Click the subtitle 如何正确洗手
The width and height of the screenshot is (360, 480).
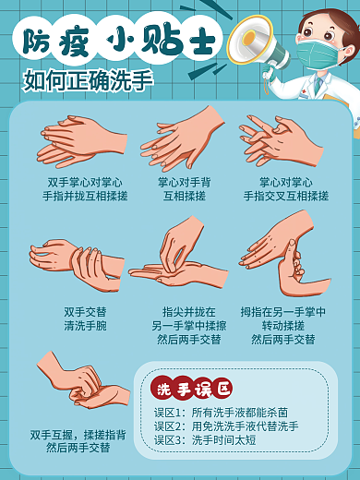(89, 81)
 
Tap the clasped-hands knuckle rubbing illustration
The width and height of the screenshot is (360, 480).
(81, 383)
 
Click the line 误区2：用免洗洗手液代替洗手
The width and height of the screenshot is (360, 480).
(226, 426)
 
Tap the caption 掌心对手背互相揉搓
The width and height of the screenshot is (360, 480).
(184, 189)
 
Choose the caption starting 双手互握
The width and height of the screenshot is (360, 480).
(78, 440)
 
